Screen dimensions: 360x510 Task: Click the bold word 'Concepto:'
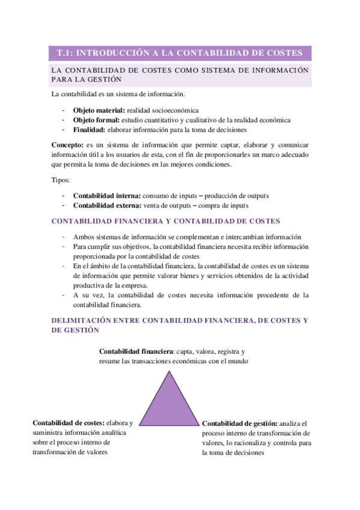pos(68,145)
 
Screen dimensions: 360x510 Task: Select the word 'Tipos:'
pos(61,180)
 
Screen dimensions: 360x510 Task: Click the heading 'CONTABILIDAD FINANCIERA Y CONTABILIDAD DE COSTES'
pos(165,221)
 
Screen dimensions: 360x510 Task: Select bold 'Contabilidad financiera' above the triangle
pos(136,351)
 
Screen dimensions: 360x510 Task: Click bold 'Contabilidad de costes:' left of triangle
pos(69,423)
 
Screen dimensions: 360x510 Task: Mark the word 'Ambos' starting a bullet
pos(83,237)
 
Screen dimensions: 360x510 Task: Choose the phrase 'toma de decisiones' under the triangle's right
pos(234,453)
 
